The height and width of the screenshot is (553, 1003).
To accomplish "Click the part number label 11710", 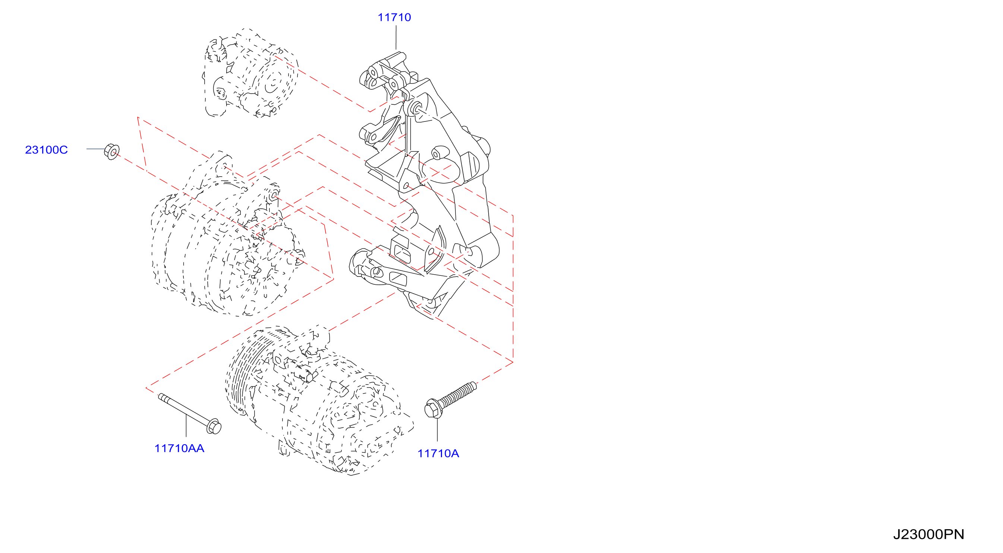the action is point(394,18).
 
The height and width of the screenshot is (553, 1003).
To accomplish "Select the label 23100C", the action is point(46,150).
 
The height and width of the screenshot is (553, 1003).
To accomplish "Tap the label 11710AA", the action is point(179,448).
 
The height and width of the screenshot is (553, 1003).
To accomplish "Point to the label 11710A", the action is point(438,454).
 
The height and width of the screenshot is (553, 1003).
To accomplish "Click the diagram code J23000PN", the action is point(928,534).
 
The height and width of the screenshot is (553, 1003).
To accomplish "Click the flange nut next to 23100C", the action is point(112,151).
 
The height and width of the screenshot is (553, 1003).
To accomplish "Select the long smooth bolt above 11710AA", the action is point(190,413).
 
